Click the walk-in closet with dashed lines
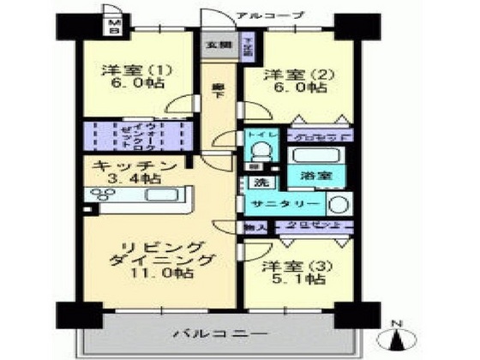click(139, 135)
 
